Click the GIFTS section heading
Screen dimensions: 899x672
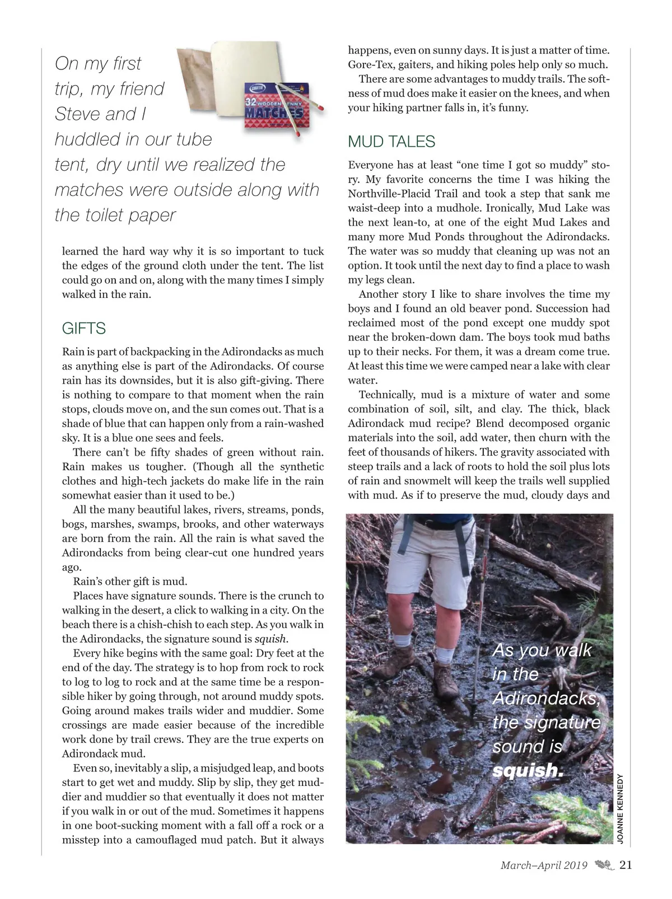(x=84, y=329)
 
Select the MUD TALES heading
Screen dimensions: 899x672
(x=391, y=142)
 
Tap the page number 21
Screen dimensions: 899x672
(x=626, y=865)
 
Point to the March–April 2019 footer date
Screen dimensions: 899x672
(x=544, y=865)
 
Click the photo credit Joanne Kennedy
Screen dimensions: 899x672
(x=619, y=807)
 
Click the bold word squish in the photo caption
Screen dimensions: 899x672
(x=526, y=771)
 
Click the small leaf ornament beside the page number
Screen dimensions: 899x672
(x=604, y=865)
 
